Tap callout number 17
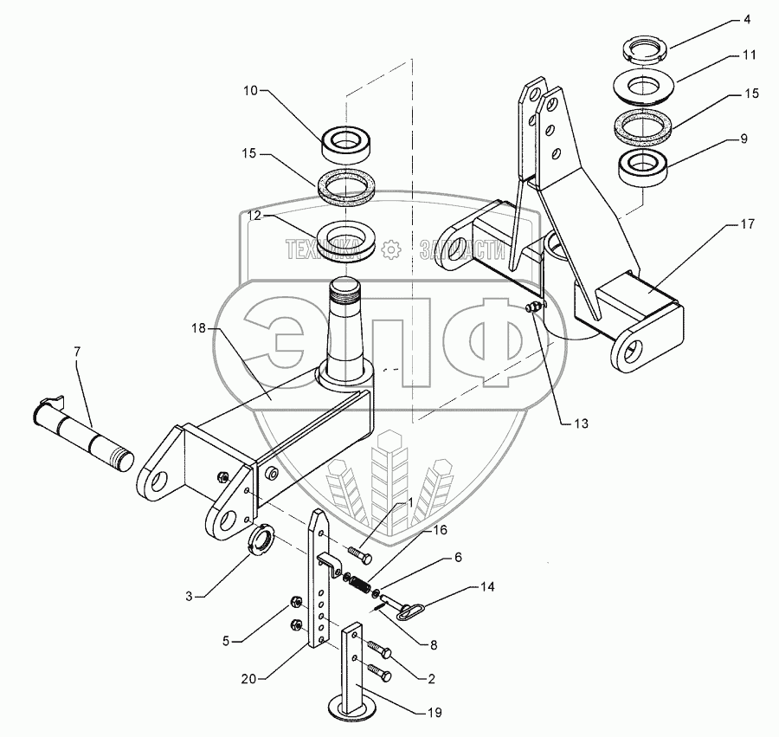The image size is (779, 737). (747, 224)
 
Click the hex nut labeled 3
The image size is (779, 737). (261, 546)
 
